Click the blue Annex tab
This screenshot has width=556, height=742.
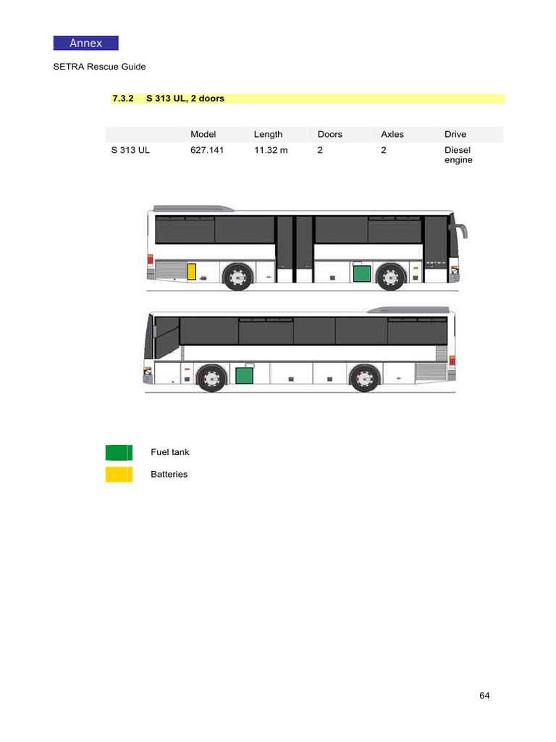pos(85,43)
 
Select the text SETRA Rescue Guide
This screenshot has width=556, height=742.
pos(99,67)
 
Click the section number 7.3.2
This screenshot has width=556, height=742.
pos(123,99)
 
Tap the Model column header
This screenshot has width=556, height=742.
pos(203,134)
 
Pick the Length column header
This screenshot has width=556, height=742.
pos(268,134)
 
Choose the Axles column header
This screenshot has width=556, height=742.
pos(392,134)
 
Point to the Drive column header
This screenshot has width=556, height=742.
pos(455,134)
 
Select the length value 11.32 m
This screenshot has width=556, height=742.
pos(271,150)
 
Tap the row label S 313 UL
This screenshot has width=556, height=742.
pos(130,150)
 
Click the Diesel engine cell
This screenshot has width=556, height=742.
pos(458,155)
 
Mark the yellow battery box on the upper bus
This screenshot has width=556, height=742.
pos(192,272)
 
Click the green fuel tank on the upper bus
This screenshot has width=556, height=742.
pos(361,273)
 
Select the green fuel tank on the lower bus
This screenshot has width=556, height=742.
pos(245,375)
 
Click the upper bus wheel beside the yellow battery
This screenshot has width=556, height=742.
pos(237,276)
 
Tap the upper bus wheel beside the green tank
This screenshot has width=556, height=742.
pos(391,276)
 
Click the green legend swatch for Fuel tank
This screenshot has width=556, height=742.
pos(119,453)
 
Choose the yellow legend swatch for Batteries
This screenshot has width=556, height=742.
pos(119,475)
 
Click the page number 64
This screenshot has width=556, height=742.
pos(484,696)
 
